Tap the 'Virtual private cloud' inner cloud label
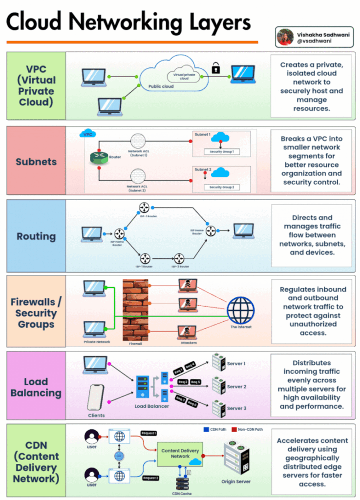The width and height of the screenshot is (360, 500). [177, 77]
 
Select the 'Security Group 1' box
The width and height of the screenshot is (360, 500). [221, 152]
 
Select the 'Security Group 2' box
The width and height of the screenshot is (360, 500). [221, 187]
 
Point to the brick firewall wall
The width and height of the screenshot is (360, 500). [135, 310]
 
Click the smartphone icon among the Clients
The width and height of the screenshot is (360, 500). [96, 398]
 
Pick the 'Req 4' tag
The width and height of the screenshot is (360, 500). [190, 365]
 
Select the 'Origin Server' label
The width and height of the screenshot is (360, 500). [237, 481]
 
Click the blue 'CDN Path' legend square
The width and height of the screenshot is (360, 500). [206, 430]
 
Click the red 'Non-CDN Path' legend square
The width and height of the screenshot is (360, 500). [234, 430]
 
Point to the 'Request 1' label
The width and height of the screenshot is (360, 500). [148, 433]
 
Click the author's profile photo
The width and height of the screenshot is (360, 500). [285, 37]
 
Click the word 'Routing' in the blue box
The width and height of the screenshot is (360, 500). [36, 236]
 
